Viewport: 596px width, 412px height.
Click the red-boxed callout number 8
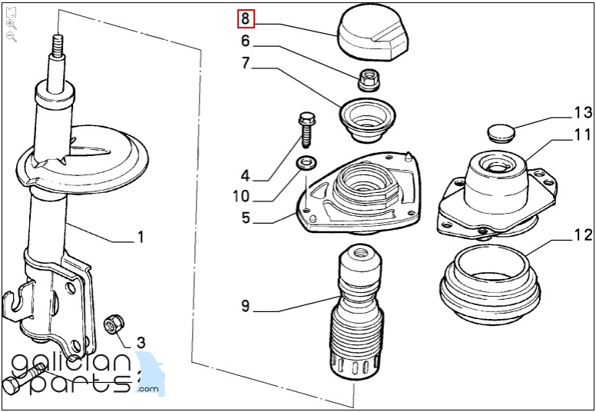[x=245, y=18]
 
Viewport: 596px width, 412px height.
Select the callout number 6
[x=245, y=41]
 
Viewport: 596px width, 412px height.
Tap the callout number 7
[x=245, y=63]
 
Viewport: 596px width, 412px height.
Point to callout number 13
[x=582, y=113]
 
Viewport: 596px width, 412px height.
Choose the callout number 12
[x=582, y=234]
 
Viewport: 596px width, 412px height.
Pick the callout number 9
[x=245, y=307]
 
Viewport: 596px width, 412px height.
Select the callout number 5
[x=245, y=218]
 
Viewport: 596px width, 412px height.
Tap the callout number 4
[x=245, y=175]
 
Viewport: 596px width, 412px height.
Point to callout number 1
[x=140, y=238]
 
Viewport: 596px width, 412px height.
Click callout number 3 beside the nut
[x=141, y=341]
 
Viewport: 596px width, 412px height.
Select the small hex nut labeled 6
[x=367, y=77]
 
